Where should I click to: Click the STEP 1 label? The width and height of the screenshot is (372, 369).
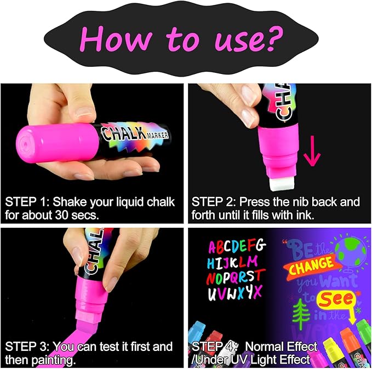pos(26,202)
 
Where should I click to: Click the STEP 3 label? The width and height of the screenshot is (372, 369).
pos(26,347)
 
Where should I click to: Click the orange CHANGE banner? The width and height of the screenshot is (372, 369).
pos(311,264)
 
